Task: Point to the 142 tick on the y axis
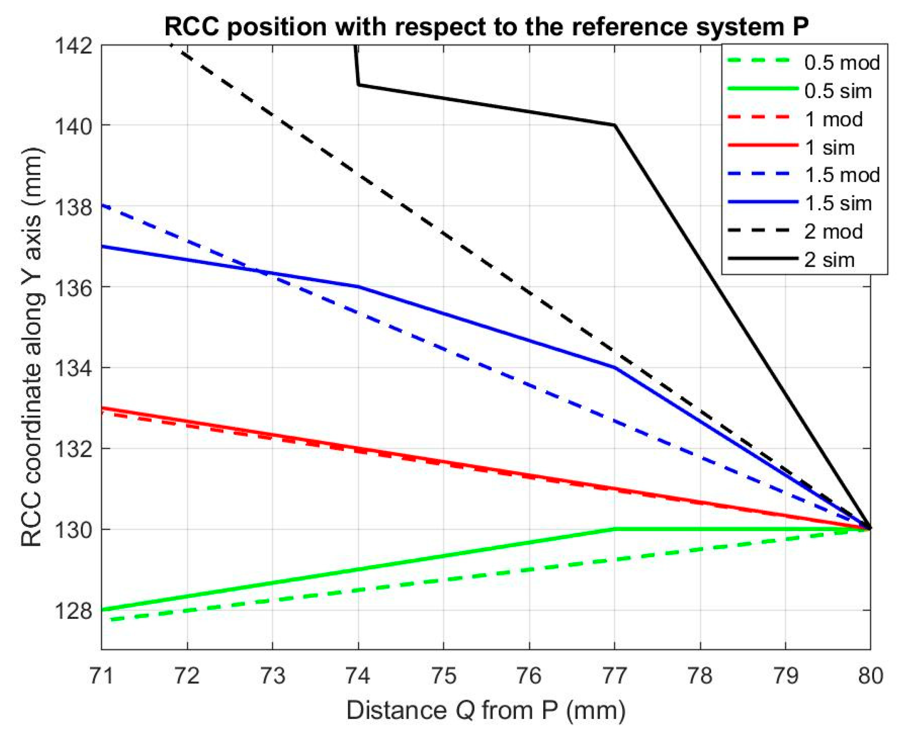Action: point(73,45)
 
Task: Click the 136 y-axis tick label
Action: point(73,287)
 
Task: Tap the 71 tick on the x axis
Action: point(102,676)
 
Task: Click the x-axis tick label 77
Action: point(614,676)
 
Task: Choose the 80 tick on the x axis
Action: point(870,676)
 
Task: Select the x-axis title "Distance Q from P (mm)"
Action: point(486,711)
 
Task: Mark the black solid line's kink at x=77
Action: point(614,125)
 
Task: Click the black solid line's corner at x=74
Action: point(359,85)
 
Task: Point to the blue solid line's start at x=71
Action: point(102,246)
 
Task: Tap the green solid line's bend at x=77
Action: point(614,529)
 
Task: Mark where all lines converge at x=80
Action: point(870,529)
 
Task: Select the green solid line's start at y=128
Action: point(102,610)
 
